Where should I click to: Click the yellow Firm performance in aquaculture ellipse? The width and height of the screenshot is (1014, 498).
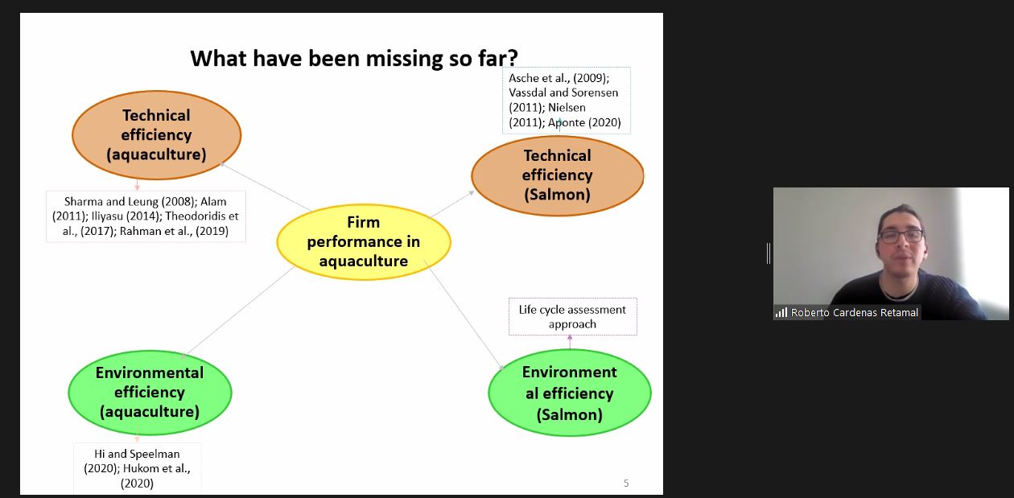click(x=364, y=241)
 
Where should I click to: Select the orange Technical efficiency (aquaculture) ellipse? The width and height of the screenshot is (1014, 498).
click(x=157, y=135)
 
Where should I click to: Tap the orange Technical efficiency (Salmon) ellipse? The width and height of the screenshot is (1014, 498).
click(x=557, y=175)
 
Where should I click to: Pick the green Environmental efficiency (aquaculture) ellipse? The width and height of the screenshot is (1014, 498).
click(x=150, y=393)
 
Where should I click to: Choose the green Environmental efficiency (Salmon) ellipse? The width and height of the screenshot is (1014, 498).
click(x=570, y=393)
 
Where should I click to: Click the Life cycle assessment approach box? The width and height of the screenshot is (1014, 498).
click(x=573, y=316)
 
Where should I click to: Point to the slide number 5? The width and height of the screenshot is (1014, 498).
click(x=626, y=483)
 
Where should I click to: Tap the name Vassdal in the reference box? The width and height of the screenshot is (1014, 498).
click(x=527, y=93)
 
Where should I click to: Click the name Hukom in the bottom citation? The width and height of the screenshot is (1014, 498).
click(x=139, y=468)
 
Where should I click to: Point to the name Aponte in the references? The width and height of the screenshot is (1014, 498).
click(x=567, y=122)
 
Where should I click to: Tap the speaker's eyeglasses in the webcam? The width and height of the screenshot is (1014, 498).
click(x=901, y=236)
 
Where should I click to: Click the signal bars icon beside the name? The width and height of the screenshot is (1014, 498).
click(x=781, y=312)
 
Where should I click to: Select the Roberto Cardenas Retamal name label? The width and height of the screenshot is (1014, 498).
click(x=854, y=312)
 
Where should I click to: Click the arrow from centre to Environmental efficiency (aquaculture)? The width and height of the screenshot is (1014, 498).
click(x=237, y=312)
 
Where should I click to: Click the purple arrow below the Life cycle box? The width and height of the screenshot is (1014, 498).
click(x=570, y=342)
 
